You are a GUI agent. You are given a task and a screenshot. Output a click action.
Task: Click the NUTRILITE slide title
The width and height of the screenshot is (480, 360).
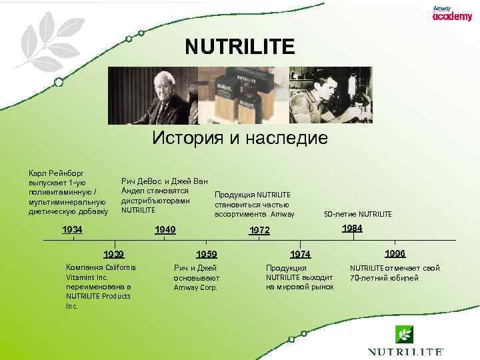(239, 47)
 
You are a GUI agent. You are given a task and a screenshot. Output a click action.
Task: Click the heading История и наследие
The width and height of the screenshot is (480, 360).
(239, 138)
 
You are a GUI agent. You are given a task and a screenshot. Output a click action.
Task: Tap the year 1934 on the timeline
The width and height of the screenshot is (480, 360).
(73, 230)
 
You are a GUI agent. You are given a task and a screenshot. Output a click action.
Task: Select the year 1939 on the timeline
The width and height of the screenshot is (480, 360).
(113, 254)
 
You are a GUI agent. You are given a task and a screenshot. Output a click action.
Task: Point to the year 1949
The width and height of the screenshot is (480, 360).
(165, 230)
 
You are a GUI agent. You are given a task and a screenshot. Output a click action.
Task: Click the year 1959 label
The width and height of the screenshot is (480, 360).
(207, 254)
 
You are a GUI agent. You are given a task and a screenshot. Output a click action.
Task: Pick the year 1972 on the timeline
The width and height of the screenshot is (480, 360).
(259, 231)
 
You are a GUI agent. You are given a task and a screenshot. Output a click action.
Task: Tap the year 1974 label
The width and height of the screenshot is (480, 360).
(300, 254)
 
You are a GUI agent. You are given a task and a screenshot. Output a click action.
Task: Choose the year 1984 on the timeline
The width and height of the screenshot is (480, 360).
(352, 229)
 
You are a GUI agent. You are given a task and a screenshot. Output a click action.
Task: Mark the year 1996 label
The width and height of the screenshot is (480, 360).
(395, 253)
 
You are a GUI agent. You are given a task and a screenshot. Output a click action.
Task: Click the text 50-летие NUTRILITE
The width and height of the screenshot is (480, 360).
(358, 214)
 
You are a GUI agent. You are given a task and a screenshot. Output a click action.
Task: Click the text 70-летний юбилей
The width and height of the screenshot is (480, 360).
(384, 278)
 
